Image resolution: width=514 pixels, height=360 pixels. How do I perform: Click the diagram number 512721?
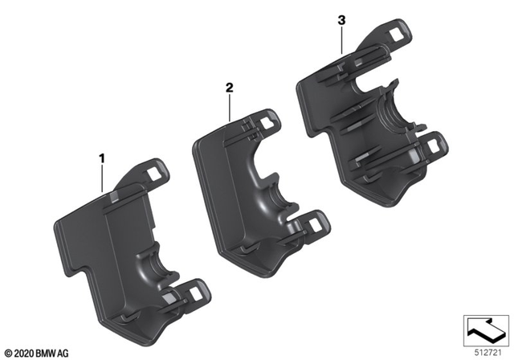click(485, 350)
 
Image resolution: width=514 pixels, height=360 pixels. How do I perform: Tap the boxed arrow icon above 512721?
click(486, 328)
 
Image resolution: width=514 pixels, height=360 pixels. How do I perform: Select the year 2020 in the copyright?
click(22, 352)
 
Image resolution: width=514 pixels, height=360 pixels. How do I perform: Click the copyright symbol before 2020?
click(7, 352)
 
